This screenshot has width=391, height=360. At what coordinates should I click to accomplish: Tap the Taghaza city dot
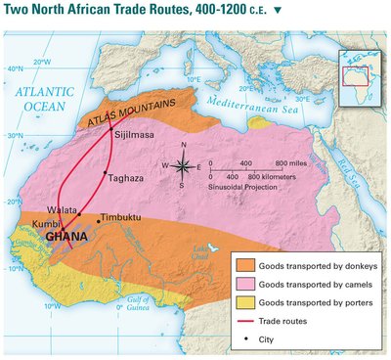(x=106, y=173)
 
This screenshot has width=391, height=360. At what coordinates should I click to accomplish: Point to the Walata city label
(x=61, y=209)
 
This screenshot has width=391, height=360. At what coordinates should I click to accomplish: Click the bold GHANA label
(x=70, y=236)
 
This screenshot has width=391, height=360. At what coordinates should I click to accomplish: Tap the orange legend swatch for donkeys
(x=244, y=265)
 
